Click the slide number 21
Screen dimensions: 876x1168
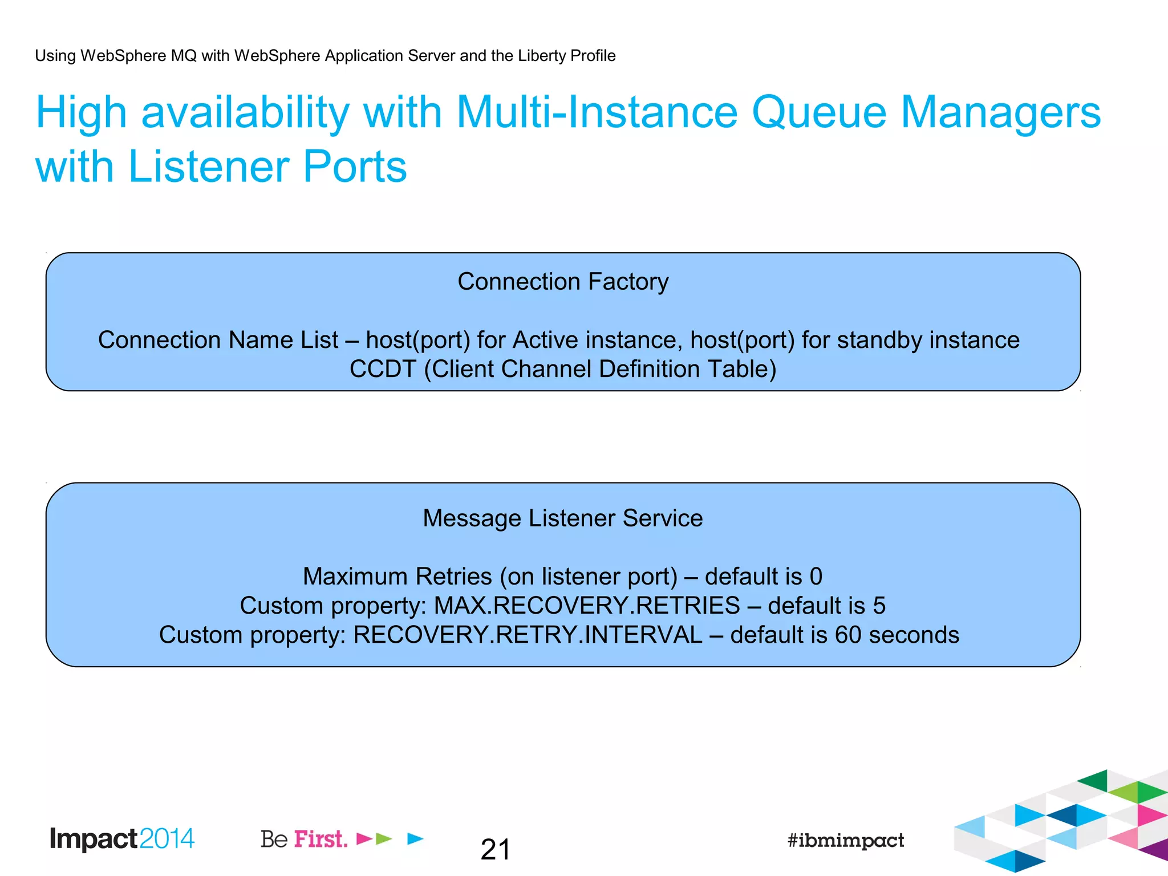point(495,850)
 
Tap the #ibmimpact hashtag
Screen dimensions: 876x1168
point(845,840)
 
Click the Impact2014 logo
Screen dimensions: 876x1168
point(122,839)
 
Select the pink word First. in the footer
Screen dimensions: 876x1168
point(321,839)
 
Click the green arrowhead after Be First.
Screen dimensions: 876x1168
point(384,838)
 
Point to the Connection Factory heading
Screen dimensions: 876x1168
point(563,282)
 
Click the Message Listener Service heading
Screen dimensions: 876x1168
point(562,518)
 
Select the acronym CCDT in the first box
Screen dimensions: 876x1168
point(383,369)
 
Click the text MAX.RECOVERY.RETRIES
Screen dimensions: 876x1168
point(587,606)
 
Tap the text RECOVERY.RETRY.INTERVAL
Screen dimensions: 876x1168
point(528,635)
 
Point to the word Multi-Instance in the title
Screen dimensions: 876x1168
point(597,112)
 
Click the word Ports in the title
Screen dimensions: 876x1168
point(355,167)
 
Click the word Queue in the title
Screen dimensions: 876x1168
point(819,112)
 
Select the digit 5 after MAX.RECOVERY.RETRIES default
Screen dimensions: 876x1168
point(879,606)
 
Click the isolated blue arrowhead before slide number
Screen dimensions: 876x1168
point(416,838)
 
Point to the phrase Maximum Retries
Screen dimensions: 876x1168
point(398,577)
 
